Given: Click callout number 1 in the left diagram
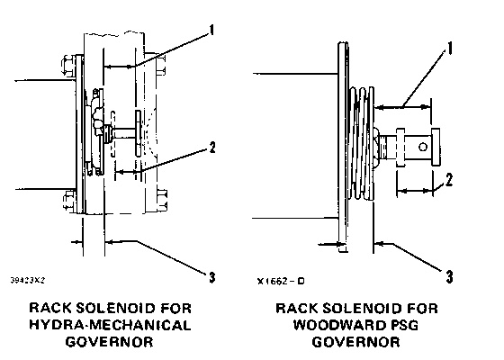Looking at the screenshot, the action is pyautogui.click(x=211, y=31).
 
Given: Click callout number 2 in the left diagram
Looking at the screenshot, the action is pyautogui.click(x=212, y=148).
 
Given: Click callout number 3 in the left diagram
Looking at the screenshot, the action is pyautogui.click(x=211, y=277).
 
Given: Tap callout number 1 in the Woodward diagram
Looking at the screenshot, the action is pyautogui.click(x=449, y=49).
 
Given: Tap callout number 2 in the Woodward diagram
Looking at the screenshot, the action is pyautogui.click(x=449, y=180).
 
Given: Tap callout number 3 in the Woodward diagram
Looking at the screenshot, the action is pyautogui.click(x=449, y=277).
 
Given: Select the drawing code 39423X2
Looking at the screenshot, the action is pyautogui.click(x=28, y=280).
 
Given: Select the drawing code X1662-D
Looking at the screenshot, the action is pyautogui.click(x=281, y=281).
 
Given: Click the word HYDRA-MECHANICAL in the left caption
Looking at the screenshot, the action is pyautogui.click(x=110, y=325).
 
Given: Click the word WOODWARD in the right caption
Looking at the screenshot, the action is pyautogui.click(x=339, y=325).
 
